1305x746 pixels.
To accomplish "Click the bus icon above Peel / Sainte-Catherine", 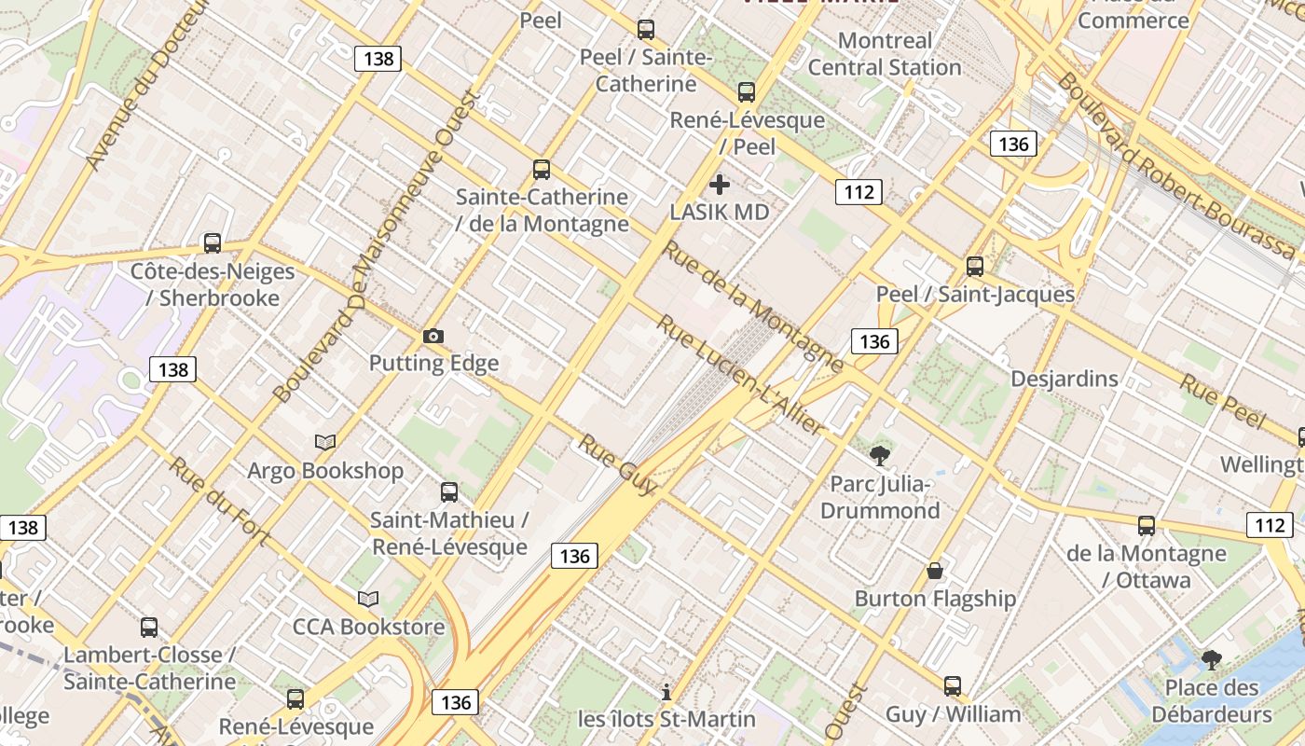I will tap(646, 30).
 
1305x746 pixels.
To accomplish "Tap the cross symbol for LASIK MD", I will tap(720, 184).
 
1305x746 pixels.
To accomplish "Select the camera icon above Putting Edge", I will tap(433, 336).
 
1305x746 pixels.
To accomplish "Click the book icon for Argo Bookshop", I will tap(325, 442).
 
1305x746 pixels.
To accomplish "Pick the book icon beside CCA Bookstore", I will tap(368, 599).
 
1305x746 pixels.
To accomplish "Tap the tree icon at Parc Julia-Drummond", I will tap(879, 456).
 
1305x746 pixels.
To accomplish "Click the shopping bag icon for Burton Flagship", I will tap(935, 570).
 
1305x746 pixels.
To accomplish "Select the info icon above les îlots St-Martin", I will tap(666, 692).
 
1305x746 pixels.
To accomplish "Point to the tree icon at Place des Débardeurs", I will tap(1211, 660).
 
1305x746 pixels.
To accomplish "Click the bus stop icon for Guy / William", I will tap(953, 686).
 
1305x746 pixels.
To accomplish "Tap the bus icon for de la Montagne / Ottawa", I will tap(1147, 526).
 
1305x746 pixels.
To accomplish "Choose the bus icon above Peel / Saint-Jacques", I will tap(975, 267).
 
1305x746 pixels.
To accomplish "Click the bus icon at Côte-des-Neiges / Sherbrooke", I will tap(213, 243).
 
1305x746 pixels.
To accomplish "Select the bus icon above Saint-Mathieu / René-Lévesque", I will tap(449, 492).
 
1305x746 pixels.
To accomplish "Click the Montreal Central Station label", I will tap(885, 54).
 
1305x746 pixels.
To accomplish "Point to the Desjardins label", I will tap(1065, 379).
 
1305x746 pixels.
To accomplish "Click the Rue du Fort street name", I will tap(219, 500).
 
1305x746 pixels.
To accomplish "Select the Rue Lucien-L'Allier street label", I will tap(741, 375).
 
